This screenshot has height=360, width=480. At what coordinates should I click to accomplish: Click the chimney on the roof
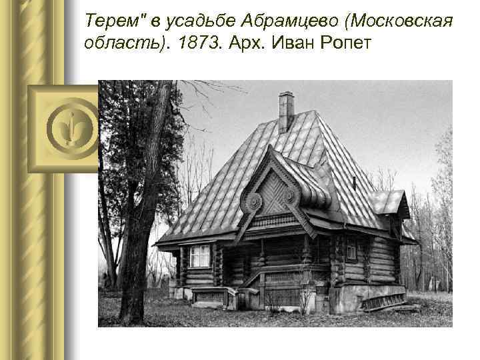(x=286, y=111)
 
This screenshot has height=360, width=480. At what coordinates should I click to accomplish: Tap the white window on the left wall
(x=199, y=256)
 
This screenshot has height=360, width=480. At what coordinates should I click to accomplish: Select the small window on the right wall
(x=351, y=251)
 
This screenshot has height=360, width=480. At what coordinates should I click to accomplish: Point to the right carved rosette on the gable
(x=291, y=196)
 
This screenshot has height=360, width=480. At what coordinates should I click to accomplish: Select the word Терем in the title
(x=111, y=23)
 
